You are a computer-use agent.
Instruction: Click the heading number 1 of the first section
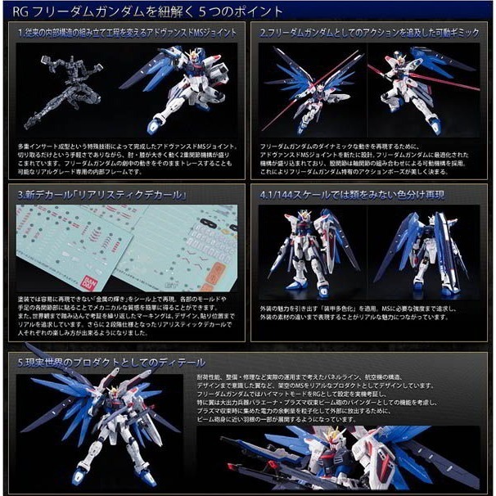20,34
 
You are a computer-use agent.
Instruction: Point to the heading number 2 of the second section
263,34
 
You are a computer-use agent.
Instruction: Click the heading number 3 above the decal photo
20,196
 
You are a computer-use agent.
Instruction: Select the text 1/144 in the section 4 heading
282,196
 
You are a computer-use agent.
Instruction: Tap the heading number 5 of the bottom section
20,361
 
